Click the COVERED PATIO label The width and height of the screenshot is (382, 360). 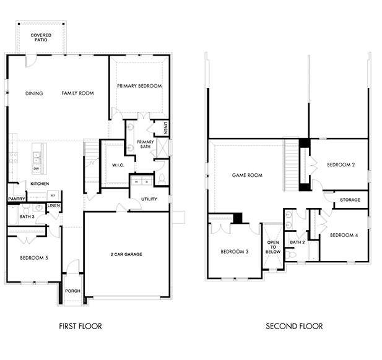coord(41,38)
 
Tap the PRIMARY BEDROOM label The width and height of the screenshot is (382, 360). coord(139,86)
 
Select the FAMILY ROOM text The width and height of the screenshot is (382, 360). coord(77,93)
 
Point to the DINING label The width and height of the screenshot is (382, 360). coord(34,93)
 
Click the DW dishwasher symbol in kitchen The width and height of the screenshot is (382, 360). coord(37,168)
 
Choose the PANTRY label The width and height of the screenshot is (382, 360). coord(16,199)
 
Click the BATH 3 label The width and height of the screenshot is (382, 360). coord(26,217)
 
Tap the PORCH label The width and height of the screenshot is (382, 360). coord(72,291)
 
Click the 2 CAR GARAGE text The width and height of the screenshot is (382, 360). coord(126,254)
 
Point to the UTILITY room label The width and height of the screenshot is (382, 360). coord(149,200)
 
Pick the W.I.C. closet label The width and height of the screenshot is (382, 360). coord(119,165)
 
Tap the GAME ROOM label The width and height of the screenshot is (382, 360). coord(247,175)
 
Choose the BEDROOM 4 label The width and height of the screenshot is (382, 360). coord(343,235)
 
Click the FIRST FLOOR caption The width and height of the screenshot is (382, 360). coord(80,326)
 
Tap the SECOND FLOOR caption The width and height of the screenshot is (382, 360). coord(294,326)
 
